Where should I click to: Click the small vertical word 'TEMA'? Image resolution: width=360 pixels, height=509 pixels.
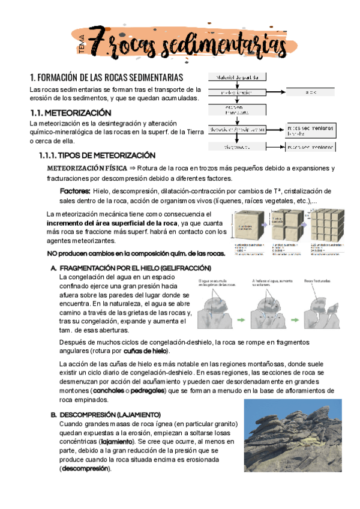pos(81,45)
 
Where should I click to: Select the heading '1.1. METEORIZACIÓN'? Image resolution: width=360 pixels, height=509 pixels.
pos(71,112)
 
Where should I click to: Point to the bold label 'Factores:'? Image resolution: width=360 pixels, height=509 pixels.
pos(75,190)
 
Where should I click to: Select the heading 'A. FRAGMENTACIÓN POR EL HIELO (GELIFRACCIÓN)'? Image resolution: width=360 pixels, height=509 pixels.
pos(131,267)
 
